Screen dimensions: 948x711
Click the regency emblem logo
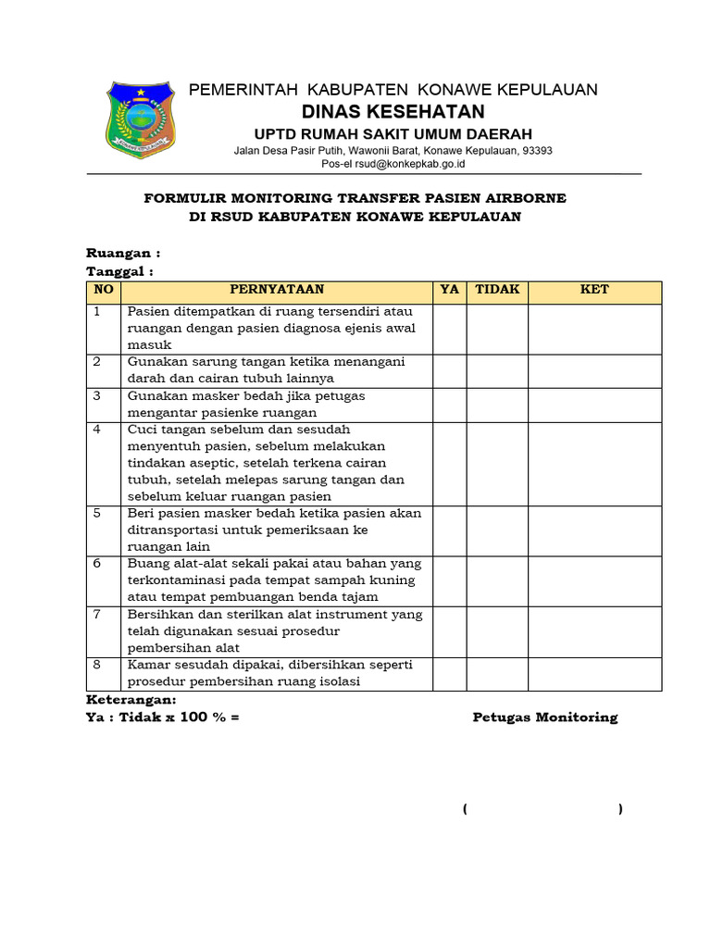[140, 118]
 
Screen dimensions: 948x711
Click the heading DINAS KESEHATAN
[393, 112]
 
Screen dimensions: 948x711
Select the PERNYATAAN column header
[277, 290]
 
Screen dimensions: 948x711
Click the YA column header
[449, 290]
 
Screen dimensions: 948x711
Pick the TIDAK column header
[497, 290]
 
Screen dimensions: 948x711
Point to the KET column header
[594, 290]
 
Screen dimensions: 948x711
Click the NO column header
[104, 290]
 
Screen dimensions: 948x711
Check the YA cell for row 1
[449, 329]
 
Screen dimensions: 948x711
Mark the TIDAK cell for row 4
[497, 463]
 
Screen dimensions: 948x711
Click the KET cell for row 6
[594, 580]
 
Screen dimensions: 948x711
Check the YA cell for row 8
[449, 673]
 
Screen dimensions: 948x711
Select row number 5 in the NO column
[97, 514]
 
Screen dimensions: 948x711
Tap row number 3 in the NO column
[97, 396]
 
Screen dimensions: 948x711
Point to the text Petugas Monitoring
[544, 717]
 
